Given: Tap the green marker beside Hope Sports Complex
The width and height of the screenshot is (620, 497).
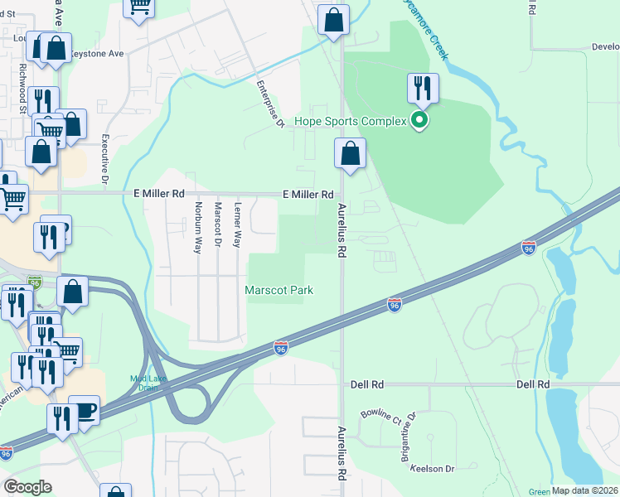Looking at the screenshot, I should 420,122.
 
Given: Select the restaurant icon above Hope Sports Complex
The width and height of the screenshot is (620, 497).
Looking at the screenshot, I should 423,88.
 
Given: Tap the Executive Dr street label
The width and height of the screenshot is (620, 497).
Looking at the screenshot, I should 105,159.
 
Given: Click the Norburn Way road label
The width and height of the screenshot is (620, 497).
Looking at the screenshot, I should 198,227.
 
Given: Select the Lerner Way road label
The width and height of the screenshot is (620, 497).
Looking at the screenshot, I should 238,226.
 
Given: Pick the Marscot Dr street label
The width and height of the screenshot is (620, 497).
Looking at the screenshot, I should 218,224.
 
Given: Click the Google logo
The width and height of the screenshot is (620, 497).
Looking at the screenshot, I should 27,486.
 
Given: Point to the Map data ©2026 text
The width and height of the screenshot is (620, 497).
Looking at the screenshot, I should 585,490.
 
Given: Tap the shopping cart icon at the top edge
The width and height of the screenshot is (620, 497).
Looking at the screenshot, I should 139,7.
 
